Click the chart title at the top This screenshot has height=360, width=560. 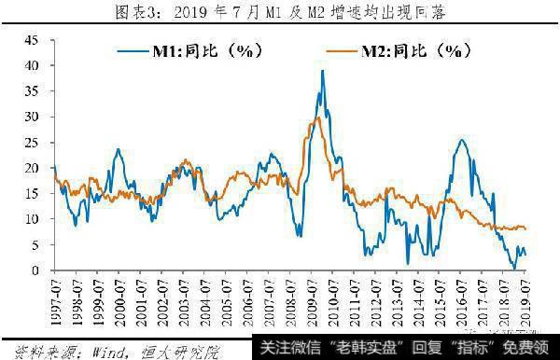(280, 12)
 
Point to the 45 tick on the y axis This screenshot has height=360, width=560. (33, 40)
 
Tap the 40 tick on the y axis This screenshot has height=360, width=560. (33, 65)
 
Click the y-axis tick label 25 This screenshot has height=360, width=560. (33, 143)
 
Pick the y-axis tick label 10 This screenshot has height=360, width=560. (33, 219)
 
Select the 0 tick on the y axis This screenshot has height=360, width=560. (36, 270)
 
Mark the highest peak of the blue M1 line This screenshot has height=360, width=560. (322, 71)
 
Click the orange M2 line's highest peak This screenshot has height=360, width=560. (318, 117)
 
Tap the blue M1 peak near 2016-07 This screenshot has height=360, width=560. (462, 140)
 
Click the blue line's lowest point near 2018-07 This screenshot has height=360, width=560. (513, 269)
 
